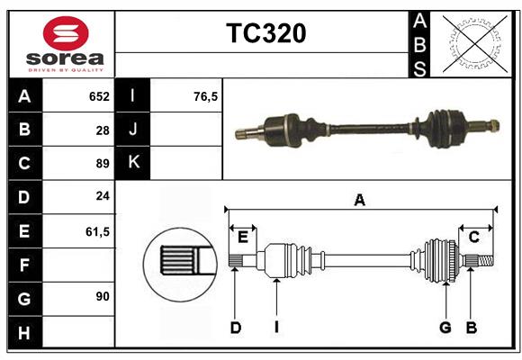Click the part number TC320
coord(265,33)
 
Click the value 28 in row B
coord(102,130)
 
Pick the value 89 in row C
coord(102,164)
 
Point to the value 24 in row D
coord(102,197)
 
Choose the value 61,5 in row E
coord(96,231)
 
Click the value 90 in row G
coord(102,295)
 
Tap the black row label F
coord(24,265)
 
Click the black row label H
coord(24,334)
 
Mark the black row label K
coord(133,163)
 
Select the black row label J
coord(133,130)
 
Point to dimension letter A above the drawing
coord(360,201)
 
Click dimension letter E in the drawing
coord(243,237)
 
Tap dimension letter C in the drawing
coord(473,237)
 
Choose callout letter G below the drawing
coord(445,328)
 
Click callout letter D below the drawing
coord(235,328)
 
